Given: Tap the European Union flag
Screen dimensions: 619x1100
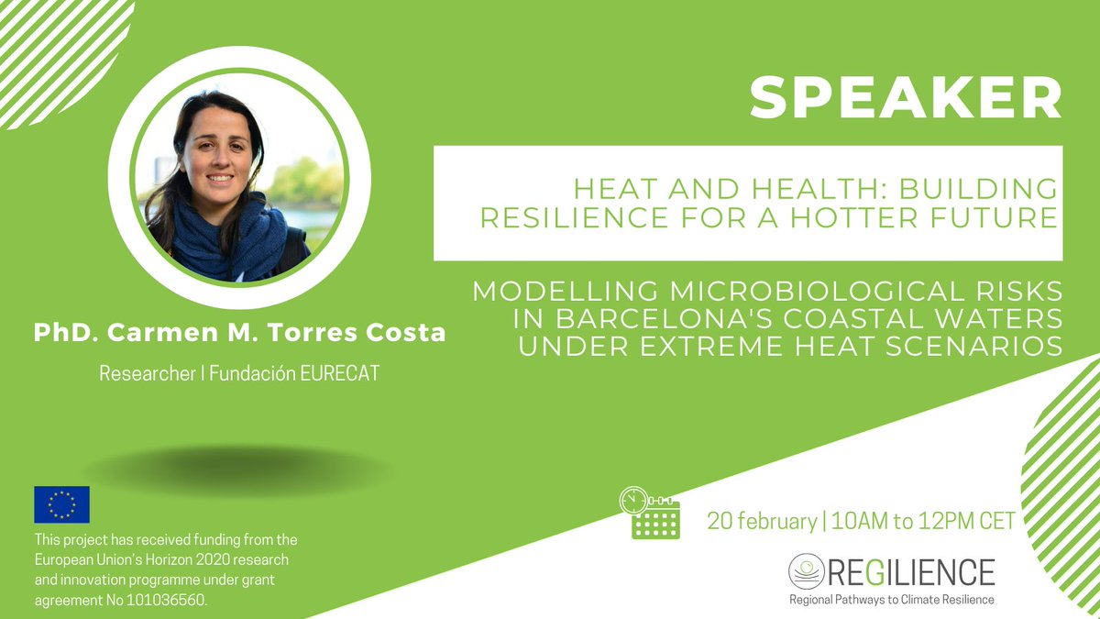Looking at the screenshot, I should tap(61, 504).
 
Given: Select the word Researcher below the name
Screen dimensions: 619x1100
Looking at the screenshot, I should tap(148, 375).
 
